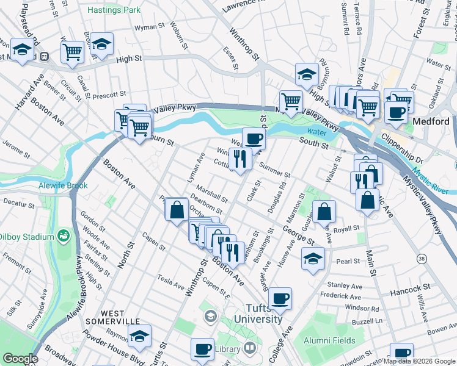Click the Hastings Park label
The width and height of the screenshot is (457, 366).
tap(113, 10)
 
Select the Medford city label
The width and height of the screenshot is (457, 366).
tap(431, 121)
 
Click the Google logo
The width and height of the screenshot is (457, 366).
tap(20, 359)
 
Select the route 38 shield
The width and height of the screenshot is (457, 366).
tap(422, 259)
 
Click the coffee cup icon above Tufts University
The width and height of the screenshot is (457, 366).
tap(280, 298)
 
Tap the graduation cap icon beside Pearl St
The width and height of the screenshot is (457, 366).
tap(312, 257)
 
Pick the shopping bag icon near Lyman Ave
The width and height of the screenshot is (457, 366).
tap(177, 209)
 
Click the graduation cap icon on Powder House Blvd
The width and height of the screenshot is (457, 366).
tap(139, 335)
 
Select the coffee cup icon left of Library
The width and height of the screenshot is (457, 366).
tap(202, 349)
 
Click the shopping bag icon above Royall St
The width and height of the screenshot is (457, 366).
tap(325, 212)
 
